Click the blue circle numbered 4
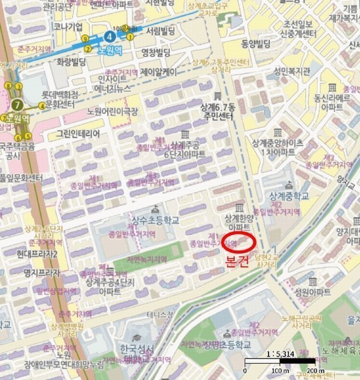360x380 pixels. [112, 35]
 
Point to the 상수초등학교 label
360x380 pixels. [155, 220]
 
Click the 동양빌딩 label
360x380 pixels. [255, 44]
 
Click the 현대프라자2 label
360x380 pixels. [37, 254]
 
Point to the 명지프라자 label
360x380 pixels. [42, 273]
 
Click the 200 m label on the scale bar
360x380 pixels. [315, 370]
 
